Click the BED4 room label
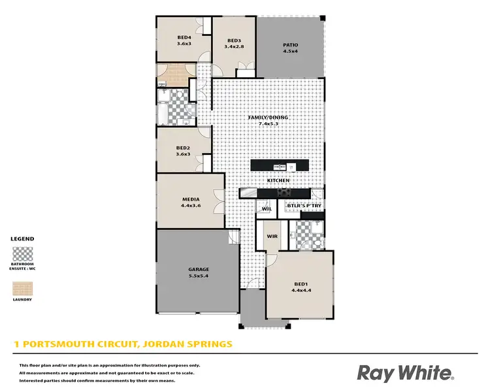(184, 37)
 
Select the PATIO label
(290, 44)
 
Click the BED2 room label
(183, 148)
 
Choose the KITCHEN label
(287, 180)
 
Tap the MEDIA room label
(191, 199)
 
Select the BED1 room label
(301, 283)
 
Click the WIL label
(276, 209)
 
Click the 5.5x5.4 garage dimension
(199, 276)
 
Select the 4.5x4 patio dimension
(290, 51)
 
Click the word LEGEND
(23, 239)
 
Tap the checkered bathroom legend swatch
(23, 253)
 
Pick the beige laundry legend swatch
(23, 288)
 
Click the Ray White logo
(405, 372)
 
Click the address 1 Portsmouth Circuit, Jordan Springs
(123, 343)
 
